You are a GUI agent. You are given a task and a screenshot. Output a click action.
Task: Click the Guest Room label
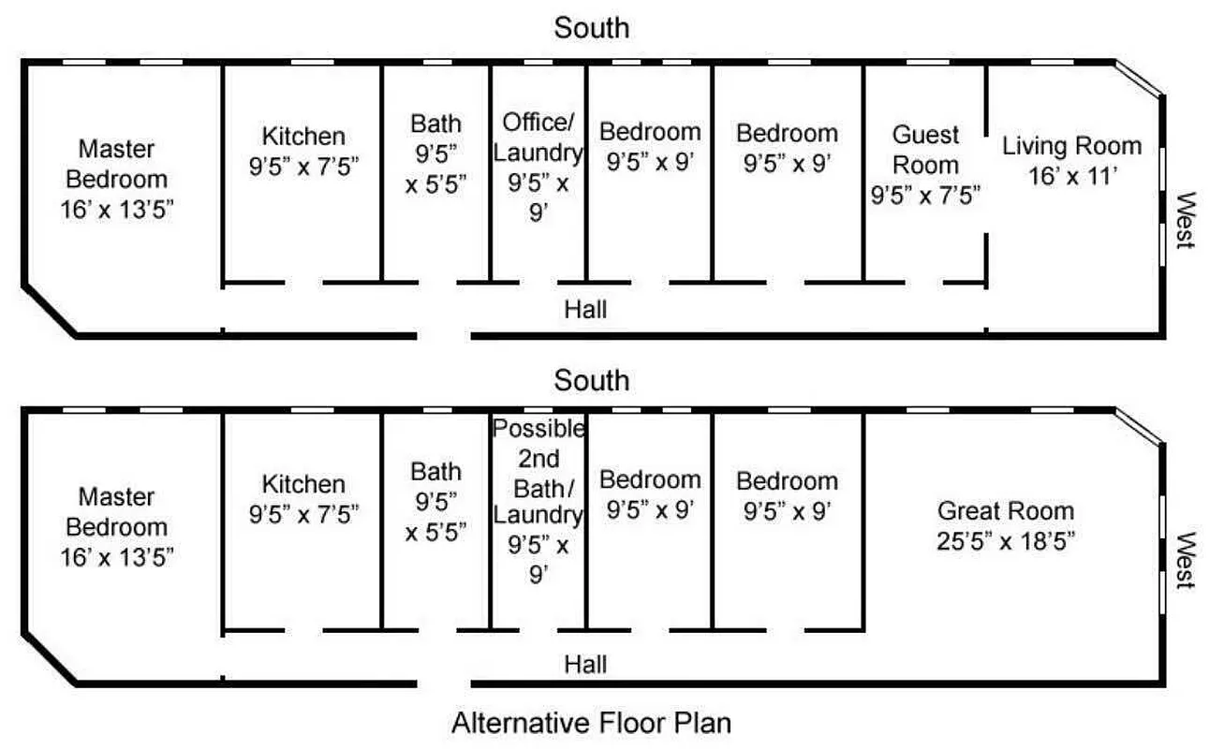[x=924, y=150]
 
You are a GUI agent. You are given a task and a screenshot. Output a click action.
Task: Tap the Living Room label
[x=1071, y=146]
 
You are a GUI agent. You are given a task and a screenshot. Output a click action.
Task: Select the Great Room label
[x=1006, y=511]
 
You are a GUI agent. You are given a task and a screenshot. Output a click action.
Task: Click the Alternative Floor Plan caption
[x=591, y=723]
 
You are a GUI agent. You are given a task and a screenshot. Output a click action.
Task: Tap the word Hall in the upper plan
[x=585, y=309]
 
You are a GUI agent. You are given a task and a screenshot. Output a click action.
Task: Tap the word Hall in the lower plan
[x=585, y=665]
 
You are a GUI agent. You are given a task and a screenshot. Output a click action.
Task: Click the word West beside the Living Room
[x=1187, y=220]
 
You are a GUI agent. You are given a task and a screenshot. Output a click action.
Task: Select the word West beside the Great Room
[x=1187, y=560]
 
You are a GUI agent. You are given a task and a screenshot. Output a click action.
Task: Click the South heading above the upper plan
[x=592, y=28]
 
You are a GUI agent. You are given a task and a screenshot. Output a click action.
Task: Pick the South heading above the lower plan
[x=592, y=381]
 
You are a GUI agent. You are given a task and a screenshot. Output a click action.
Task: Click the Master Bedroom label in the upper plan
[x=117, y=163]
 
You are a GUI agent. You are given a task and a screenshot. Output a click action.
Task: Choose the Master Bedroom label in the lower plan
[x=117, y=511]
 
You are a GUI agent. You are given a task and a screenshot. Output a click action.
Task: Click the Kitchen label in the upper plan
[x=303, y=136]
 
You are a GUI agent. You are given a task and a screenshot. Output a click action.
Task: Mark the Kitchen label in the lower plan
[x=303, y=484]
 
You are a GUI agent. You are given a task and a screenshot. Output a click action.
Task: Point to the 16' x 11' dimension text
[x=1071, y=175]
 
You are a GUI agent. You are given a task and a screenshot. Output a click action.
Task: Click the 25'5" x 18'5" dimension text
[x=1006, y=540]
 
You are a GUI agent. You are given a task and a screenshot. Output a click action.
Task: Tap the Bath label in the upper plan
[x=435, y=123]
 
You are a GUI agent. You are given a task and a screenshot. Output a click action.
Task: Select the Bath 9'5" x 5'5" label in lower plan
[x=435, y=501]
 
